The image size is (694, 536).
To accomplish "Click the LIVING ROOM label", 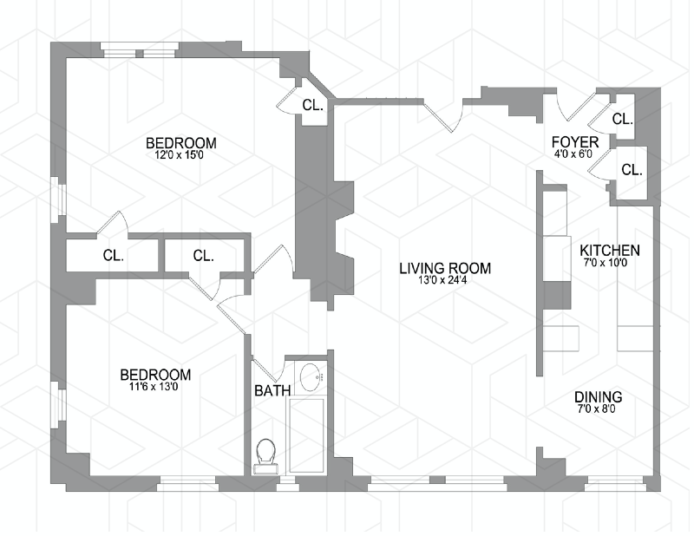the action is pos(445,268).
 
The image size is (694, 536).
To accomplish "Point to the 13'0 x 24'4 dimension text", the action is pos(445,281).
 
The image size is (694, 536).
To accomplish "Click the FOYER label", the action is pos(574,141).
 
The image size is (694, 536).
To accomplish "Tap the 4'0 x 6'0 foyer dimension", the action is pos(574,154).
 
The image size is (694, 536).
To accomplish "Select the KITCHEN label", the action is pos(610,250).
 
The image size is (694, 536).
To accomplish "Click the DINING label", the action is pos(599,398).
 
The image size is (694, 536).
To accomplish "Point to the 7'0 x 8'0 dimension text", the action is pos(599,411).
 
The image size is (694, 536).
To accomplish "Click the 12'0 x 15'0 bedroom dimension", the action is pos(180,156).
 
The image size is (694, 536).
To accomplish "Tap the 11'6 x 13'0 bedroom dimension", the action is pos(155,388).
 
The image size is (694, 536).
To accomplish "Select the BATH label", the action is pos(272,391).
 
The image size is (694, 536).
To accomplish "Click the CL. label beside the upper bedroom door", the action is pos(313,106).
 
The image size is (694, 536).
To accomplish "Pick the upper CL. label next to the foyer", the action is pos(623,120).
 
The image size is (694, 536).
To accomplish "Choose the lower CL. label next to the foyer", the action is pos(632,170).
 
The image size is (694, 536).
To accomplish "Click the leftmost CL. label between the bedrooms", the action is pos(114,256).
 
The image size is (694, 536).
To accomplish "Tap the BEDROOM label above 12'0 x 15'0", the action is pos(180,143).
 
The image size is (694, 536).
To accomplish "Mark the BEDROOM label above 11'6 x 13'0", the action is pos(155,375).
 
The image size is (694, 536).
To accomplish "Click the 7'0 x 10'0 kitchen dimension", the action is pos(610,263).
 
